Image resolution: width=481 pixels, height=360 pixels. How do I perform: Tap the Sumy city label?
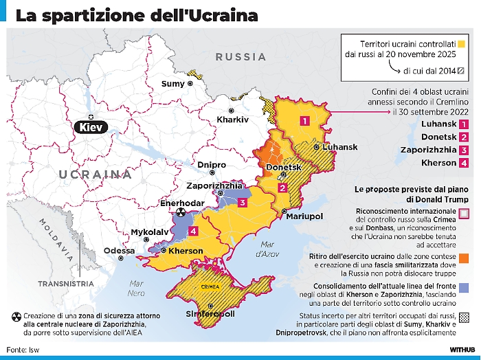pyautogui.click(x=172, y=84)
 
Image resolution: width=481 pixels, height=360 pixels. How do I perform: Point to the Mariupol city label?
pyautogui.click(x=303, y=216)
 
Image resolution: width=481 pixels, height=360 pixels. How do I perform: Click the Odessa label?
pyautogui.click(x=119, y=251)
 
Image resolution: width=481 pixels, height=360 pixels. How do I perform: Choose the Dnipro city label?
pyautogui.click(x=211, y=165)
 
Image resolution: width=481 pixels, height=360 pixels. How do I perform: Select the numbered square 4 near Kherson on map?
pyautogui.click(x=194, y=231)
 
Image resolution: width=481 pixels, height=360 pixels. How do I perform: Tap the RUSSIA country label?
pyautogui.click(x=240, y=57)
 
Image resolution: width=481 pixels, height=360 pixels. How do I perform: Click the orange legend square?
pyautogui.click(x=465, y=258)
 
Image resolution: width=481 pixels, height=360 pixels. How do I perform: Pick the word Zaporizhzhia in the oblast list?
pyautogui.click(x=423, y=150)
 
